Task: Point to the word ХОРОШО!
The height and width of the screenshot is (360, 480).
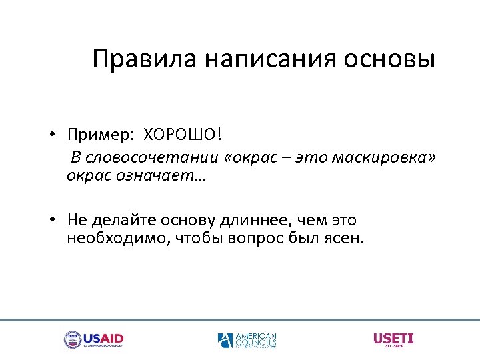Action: coord(181,135)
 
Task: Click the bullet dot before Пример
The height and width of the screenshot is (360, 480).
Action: coord(51,135)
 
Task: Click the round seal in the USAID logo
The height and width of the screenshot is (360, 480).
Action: coord(72,339)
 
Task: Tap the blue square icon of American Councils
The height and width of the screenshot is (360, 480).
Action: coord(225,340)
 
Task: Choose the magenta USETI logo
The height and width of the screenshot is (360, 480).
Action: coord(393,339)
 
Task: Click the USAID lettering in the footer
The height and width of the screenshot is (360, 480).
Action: coord(103,337)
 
